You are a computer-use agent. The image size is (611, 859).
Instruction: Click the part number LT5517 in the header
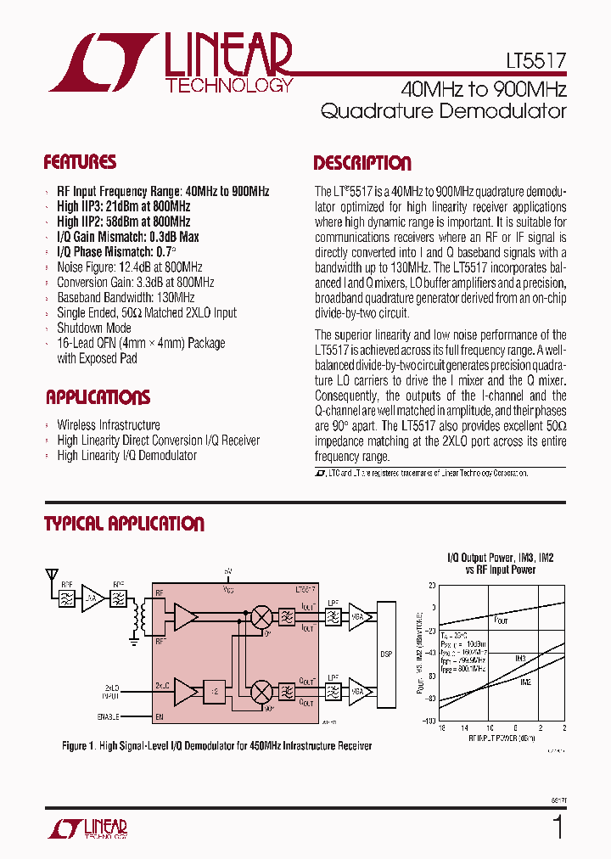pyautogui.click(x=533, y=62)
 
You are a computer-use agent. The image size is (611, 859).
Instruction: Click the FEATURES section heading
pyautogui.click(x=80, y=162)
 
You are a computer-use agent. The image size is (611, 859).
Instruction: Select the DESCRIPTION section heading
pyautogui.click(x=362, y=164)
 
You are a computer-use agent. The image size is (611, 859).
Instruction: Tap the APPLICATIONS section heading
pyautogui.click(x=98, y=397)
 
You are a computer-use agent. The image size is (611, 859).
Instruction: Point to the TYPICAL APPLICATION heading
pyautogui.click(x=124, y=524)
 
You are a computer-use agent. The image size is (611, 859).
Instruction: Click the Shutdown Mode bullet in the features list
pyautogui.click(x=94, y=328)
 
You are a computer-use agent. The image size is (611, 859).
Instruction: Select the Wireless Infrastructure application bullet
pyautogui.click(x=109, y=424)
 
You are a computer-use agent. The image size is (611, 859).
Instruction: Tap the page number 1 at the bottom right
pyautogui.click(x=558, y=828)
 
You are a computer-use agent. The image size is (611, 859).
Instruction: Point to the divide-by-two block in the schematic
pyautogui.click(x=216, y=691)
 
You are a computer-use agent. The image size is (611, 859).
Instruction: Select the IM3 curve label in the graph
pyautogui.click(x=520, y=659)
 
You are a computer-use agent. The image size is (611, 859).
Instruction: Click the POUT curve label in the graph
pyautogui.click(x=501, y=620)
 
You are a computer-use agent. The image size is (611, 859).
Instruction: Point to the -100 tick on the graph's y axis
pyautogui.click(x=430, y=721)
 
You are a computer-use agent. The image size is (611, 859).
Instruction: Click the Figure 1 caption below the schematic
pyautogui.click(x=216, y=746)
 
